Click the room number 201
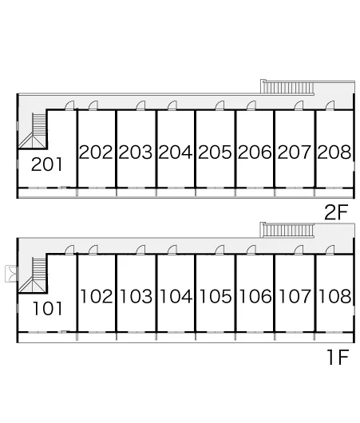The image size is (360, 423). coord(46,164)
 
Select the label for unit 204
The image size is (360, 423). coord(176,152)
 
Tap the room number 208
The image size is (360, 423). coord(334,152)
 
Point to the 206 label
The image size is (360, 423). coord(255,152)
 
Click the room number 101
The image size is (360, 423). coord(48,309)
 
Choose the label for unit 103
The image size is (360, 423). coord(136,296)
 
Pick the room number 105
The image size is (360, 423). coord(216,296)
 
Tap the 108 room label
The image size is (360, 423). coord(334,296)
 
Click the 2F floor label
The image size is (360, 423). coord(336,212)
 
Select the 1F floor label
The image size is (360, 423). coord(338,357)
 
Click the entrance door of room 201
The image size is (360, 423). coord(69,105)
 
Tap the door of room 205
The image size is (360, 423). coord(220,105)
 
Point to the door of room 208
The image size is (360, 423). coord(330,105)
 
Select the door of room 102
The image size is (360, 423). coord(93,250)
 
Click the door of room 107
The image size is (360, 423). coord(299,250)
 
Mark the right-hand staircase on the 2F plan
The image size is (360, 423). coord(287,88)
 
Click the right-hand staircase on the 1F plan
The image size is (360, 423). coord(287,231)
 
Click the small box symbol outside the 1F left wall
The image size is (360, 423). coord(12,274)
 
